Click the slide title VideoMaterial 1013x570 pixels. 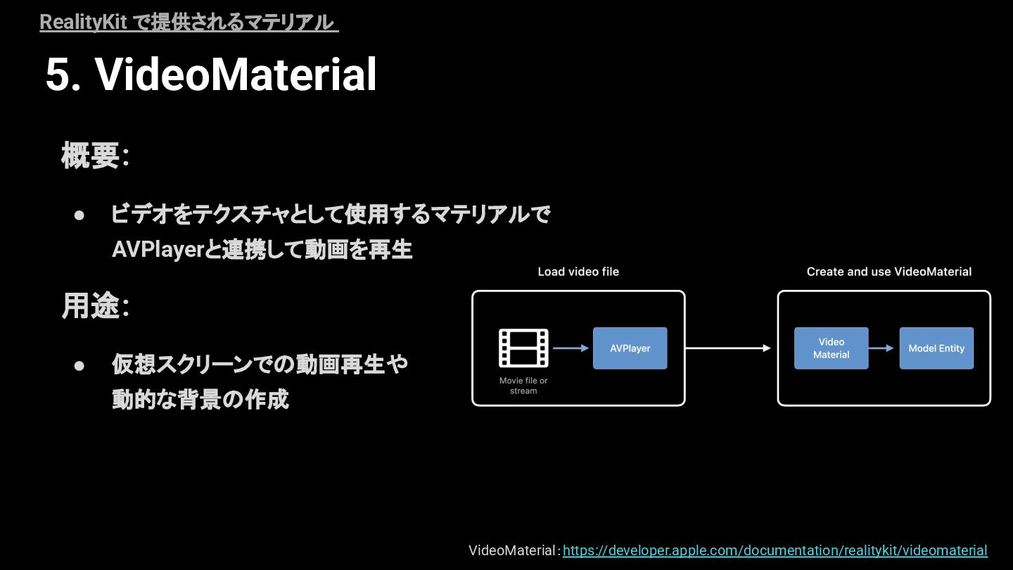[236, 75]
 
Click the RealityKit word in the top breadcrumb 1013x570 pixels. [83, 23]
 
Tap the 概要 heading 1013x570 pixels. [90, 156]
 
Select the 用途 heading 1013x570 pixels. [90, 306]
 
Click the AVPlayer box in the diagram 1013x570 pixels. [630, 348]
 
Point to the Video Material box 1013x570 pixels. [831, 348]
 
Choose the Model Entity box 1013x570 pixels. [936, 348]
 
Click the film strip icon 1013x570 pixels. [523, 348]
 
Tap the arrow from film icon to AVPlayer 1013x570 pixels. [571, 348]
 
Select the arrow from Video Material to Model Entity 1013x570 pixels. [884, 348]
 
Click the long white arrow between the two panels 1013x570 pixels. [729, 348]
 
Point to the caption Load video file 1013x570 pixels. [578, 272]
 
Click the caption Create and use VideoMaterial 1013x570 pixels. [888, 272]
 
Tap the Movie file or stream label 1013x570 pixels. [523, 386]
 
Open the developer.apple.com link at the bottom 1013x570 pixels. [775, 550]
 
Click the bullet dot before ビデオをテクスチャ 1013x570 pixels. [79, 215]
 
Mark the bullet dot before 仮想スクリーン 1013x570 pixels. [79, 365]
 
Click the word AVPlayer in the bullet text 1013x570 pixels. [157, 250]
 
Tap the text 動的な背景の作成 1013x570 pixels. [200, 400]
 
